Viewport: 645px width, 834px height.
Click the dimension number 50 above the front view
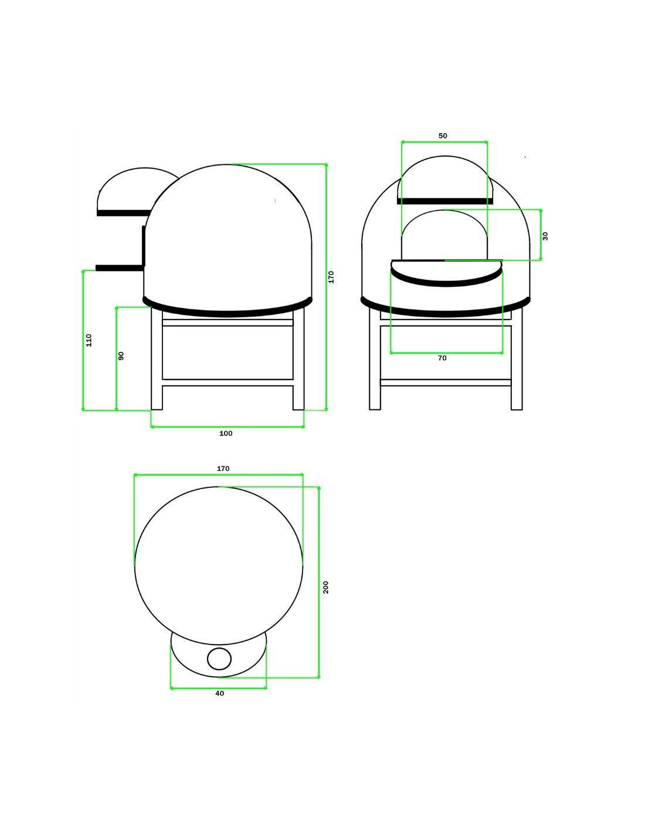pyautogui.click(x=443, y=135)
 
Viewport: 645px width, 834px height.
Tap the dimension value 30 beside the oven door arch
pyautogui.click(x=545, y=236)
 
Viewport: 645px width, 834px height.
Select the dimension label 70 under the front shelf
pyautogui.click(x=442, y=358)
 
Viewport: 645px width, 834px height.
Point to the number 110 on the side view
pyautogui.click(x=89, y=340)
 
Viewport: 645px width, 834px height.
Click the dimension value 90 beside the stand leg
pyautogui.click(x=121, y=356)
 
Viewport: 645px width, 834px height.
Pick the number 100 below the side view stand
pyautogui.click(x=226, y=433)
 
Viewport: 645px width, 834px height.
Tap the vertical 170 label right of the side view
pyautogui.click(x=331, y=277)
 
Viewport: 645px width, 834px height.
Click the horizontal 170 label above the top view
pyautogui.click(x=223, y=469)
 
